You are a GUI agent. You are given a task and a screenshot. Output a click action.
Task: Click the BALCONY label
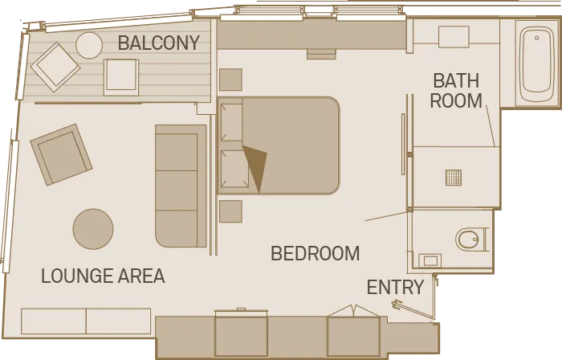(159, 43)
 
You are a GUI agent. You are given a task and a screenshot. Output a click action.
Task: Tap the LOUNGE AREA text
(104, 276)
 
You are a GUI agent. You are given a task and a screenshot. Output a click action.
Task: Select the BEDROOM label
(315, 253)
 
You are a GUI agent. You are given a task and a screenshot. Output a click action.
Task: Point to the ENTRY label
(395, 287)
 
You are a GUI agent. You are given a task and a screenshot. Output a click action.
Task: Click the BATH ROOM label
(456, 91)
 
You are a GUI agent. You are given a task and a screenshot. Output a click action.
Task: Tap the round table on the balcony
(89, 46)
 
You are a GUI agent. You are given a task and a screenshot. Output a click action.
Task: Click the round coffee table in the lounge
(93, 229)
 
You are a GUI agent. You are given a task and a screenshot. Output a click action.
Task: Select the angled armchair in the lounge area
(61, 155)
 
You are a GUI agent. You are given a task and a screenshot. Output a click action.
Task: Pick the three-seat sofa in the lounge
(181, 186)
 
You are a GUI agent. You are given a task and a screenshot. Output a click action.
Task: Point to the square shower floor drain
(454, 178)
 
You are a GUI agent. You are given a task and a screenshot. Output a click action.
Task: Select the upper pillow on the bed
(231, 122)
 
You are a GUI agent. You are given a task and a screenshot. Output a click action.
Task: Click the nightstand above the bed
(231, 80)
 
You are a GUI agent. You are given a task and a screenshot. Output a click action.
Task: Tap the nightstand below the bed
(231, 211)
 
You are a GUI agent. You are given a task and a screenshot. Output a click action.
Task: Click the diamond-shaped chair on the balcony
(55, 67)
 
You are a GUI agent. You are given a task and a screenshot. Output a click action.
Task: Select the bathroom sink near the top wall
(454, 37)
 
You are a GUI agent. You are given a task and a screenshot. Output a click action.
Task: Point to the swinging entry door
(414, 310)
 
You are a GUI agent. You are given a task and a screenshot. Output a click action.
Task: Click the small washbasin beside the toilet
(430, 260)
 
